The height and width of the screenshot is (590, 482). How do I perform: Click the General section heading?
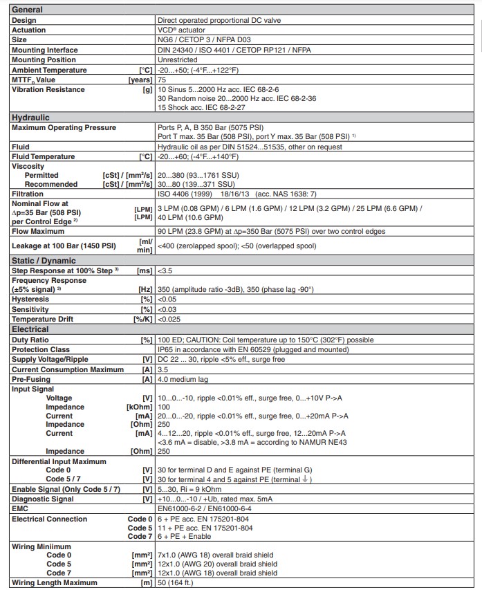(28, 10)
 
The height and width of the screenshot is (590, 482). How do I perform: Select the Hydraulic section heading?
(30, 118)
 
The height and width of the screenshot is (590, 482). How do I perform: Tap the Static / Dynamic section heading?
(42, 260)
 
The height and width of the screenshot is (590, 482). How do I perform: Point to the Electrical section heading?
(30, 329)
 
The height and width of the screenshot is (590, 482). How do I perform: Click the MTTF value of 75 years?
(162, 80)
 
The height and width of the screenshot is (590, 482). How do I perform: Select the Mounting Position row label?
(43, 60)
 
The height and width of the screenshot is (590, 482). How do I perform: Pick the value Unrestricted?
(179, 60)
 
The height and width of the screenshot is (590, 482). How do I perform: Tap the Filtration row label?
(28, 194)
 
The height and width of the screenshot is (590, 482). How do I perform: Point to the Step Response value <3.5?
(165, 270)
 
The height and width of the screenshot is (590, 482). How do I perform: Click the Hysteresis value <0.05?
(167, 299)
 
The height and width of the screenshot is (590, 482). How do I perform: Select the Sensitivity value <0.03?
(167, 309)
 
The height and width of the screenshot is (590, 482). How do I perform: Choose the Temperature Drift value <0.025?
(169, 319)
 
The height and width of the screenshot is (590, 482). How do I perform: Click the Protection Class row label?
(40, 349)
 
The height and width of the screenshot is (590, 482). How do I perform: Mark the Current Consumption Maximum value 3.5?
(163, 369)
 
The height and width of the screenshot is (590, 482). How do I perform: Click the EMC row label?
(21, 508)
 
